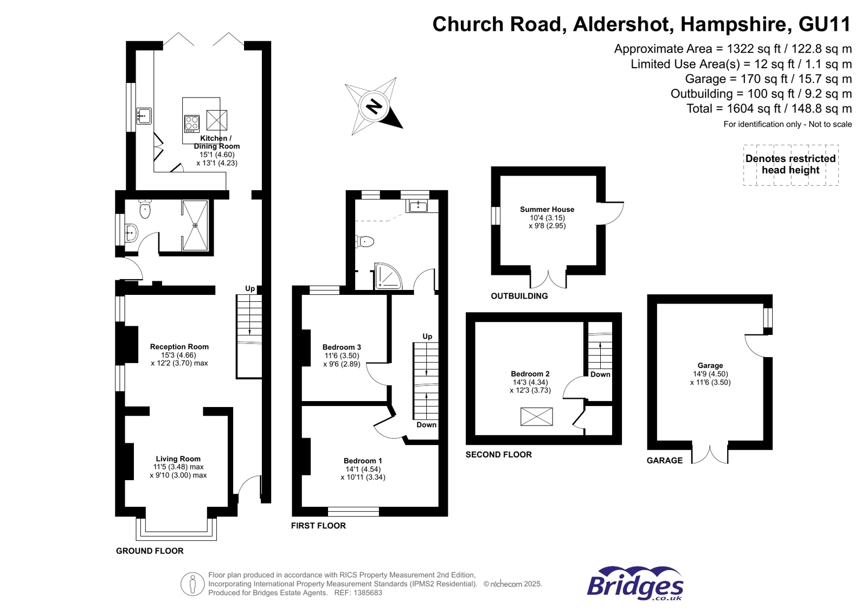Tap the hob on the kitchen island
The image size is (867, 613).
point(191,124)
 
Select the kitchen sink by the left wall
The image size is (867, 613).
point(144,116)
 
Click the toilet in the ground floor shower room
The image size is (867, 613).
point(145,209)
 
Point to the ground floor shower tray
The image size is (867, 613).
point(195,225)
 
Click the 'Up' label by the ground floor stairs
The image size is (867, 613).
point(250,288)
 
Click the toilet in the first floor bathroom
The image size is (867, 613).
point(365,241)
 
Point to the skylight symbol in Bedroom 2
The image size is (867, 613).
point(536,416)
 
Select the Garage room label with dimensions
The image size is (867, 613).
point(710,373)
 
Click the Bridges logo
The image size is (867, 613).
point(635,584)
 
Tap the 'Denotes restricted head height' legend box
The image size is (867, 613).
point(790,165)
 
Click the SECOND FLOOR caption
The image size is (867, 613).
point(498,455)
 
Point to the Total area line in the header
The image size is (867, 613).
point(768,108)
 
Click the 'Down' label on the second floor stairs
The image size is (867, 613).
point(600,375)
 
